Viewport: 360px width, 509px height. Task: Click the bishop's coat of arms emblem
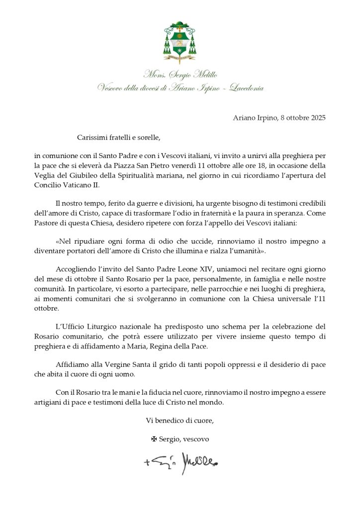(x=179, y=43)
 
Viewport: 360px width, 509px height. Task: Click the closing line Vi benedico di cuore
(x=180, y=421)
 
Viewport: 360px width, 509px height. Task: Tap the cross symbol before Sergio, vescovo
(x=154, y=439)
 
